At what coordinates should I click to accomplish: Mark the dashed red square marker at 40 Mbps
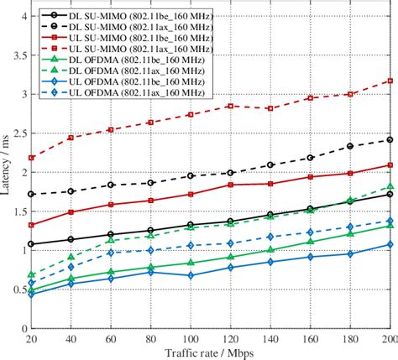[x=71, y=137]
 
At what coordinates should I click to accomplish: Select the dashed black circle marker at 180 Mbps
[x=349, y=146]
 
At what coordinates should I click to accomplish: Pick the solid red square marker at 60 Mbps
[x=112, y=205]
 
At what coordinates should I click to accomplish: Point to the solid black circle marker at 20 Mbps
[x=32, y=244]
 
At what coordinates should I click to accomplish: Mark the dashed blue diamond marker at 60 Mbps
[x=112, y=253]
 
